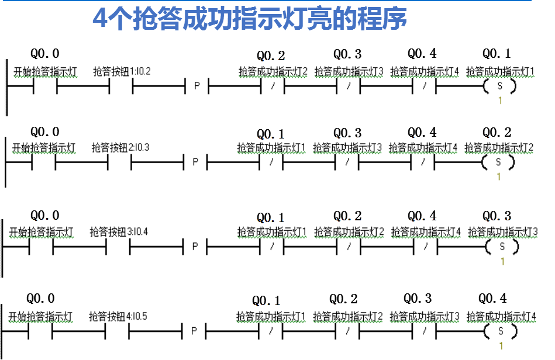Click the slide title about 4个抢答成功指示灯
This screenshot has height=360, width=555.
[x=250, y=19]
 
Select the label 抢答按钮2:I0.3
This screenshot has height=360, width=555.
[x=120, y=147]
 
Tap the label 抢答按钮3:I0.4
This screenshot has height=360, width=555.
[x=119, y=232]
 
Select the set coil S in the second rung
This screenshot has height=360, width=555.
[x=498, y=162]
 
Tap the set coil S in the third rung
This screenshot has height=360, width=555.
[x=501, y=247]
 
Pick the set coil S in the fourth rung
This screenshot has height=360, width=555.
[x=500, y=331]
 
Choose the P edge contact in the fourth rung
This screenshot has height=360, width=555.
[x=194, y=331]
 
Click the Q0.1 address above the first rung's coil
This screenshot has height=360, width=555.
[x=497, y=54]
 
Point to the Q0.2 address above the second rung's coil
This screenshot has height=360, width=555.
[x=497, y=132]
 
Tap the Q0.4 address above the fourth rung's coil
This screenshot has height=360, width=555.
[x=492, y=299]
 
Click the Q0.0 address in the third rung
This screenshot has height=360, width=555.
[x=45, y=216]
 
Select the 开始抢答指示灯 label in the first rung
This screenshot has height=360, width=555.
[x=45, y=72]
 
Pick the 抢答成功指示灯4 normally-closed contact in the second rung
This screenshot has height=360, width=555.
[x=422, y=162]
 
